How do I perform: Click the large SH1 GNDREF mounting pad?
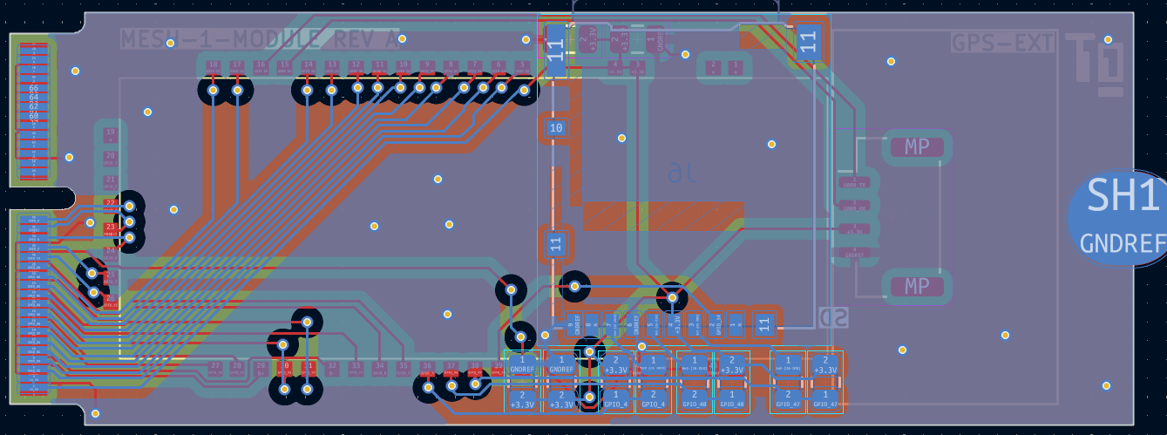coord(1120,218)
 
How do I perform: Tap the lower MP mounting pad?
coord(917,286)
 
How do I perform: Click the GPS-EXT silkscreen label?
coord(1003,43)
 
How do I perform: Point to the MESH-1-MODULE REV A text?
coord(260,39)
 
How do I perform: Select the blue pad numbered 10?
coord(556,129)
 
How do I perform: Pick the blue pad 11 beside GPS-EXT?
coord(808,40)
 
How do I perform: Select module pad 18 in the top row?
coord(213,66)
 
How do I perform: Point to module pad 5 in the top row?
coord(521,66)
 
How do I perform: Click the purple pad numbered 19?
coord(110,134)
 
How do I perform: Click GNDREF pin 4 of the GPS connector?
coord(858,254)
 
